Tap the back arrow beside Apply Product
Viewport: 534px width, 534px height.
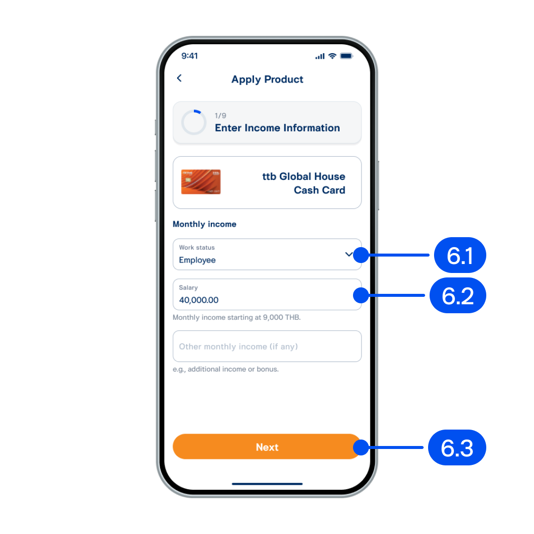[179, 79]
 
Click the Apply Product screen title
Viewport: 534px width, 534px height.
[267, 80]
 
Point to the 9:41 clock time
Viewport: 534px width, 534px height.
[189, 56]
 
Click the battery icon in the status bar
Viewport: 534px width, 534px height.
[347, 56]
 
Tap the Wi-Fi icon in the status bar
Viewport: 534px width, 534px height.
[333, 56]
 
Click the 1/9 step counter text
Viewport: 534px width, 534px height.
[220, 115]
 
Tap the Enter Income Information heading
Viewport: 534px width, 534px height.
[277, 128]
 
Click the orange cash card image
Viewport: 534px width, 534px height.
[201, 182]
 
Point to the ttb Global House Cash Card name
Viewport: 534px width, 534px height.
[303, 183]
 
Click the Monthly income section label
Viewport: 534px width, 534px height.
[204, 224]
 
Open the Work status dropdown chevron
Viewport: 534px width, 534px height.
[349, 254]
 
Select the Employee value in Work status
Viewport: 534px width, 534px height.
[197, 260]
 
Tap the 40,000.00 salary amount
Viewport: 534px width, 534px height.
[199, 300]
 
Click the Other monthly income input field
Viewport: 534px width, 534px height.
[267, 346]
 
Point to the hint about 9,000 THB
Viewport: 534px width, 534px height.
[237, 317]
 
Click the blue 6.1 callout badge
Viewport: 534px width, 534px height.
[460, 255]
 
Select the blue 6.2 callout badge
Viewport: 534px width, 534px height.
[458, 295]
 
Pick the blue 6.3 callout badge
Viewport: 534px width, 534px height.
[457, 447]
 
